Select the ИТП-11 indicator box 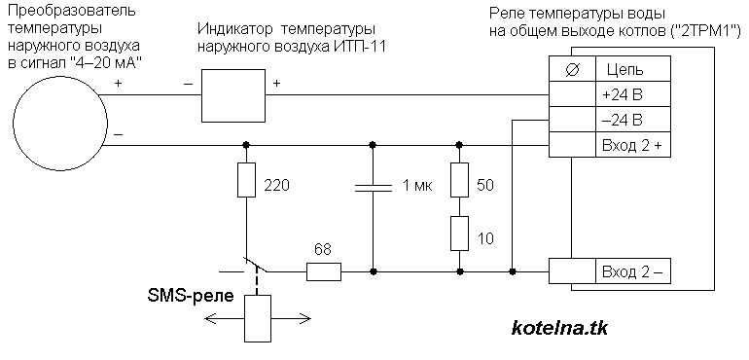(233, 94)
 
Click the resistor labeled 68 (324, 272)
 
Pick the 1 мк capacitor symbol (372, 190)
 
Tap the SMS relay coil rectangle (257, 319)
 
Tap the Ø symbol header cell (572, 69)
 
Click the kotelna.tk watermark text (559, 328)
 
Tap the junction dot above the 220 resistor (246, 145)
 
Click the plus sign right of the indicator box (276, 84)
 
